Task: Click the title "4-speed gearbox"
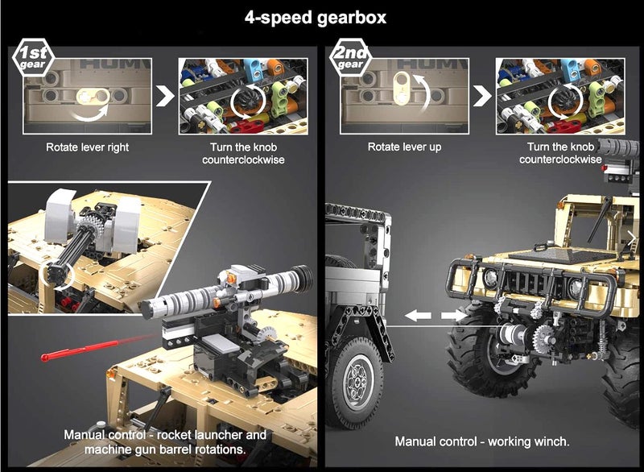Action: click(x=316, y=18)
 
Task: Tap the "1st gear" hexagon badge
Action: click(x=33, y=58)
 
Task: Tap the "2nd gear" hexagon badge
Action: click(x=350, y=58)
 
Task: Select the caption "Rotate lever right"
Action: click(x=87, y=147)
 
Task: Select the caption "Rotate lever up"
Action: click(x=405, y=147)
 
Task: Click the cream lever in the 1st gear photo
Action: click(x=93, y=97)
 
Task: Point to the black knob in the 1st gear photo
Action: click(x=246, y=100)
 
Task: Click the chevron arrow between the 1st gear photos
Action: click(x=165, y=97)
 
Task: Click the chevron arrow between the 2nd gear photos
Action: click(x=482, y=97)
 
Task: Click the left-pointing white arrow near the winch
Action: click(x=418, y=316)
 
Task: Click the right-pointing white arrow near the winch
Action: click(x=454, y=316)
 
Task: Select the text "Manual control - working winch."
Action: click(x=482, y=441)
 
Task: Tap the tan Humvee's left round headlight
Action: click(x=490, y=278)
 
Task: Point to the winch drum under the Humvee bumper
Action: click(x=511, y=336)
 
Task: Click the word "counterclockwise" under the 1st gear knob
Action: click(x=243, y=159)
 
